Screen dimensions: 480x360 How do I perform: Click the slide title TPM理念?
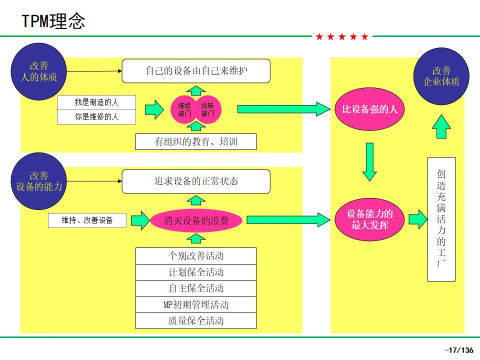(x=53, y=21)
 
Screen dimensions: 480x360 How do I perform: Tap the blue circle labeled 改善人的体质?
(x=38, y=71)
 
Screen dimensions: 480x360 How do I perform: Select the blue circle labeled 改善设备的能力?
(x=38, y=181)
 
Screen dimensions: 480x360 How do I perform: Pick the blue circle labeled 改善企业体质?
(x=441, y=76)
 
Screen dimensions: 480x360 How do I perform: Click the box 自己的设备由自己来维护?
(x=196, y=71)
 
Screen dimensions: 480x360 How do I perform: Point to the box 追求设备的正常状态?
(x=196, y=181)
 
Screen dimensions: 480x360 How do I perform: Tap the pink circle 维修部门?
(x=184, y=109)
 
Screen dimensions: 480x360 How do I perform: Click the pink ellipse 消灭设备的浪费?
(x=196, y=220)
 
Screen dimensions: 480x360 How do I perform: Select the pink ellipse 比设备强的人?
(x=369, y=109)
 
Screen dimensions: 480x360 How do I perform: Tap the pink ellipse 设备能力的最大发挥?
(x=369, y=219)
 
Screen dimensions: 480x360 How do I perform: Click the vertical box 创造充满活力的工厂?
(x=441, y=219)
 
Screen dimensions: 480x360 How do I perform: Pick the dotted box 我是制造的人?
(x=96, y=102)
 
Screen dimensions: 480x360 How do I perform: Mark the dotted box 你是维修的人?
(x=96, y=117)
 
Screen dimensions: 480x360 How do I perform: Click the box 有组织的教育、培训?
(x=196, y=141)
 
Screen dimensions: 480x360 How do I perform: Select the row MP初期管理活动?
(x=196, y=304)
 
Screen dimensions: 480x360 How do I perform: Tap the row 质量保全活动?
(x=196, y=321)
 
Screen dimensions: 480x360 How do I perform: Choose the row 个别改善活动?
(x=196, y=256)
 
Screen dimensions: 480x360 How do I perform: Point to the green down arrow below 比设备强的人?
(x=369, y=161)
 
